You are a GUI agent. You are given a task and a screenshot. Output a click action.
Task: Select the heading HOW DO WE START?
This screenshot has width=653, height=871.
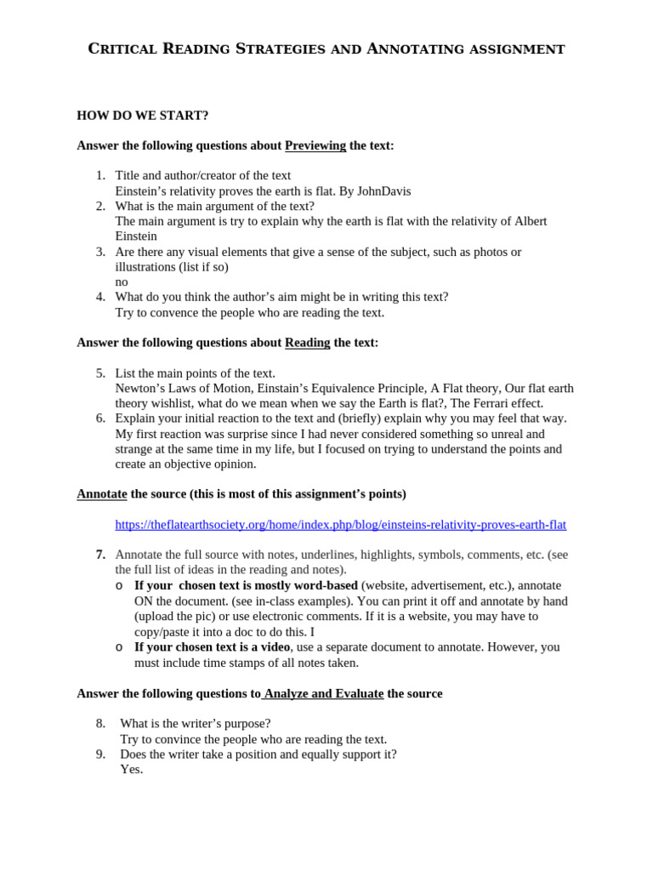(x=142, y=115)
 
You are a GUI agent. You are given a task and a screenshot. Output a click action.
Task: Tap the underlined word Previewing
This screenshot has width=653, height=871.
(x=315, y=145)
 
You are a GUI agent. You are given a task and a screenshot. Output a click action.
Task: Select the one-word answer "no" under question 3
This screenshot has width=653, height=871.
(x=122, y=282)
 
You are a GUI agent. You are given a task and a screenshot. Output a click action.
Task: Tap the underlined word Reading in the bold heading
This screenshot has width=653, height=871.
(x=307, y=343)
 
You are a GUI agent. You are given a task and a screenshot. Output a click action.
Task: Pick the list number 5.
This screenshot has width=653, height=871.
(x=100, y=373)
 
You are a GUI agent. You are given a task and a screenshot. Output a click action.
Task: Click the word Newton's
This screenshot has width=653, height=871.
(x=140, y=389)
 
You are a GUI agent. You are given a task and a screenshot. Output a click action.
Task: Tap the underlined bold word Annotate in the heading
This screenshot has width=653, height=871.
(x=101, y=494)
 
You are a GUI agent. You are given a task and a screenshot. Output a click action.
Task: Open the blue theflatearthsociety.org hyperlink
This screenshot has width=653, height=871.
(x=340, y=525)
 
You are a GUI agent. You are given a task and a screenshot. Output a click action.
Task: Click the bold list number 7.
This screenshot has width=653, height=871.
(x=100, y=555)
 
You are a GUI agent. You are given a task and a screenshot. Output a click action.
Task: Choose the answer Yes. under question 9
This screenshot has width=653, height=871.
(x=131, y=769)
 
